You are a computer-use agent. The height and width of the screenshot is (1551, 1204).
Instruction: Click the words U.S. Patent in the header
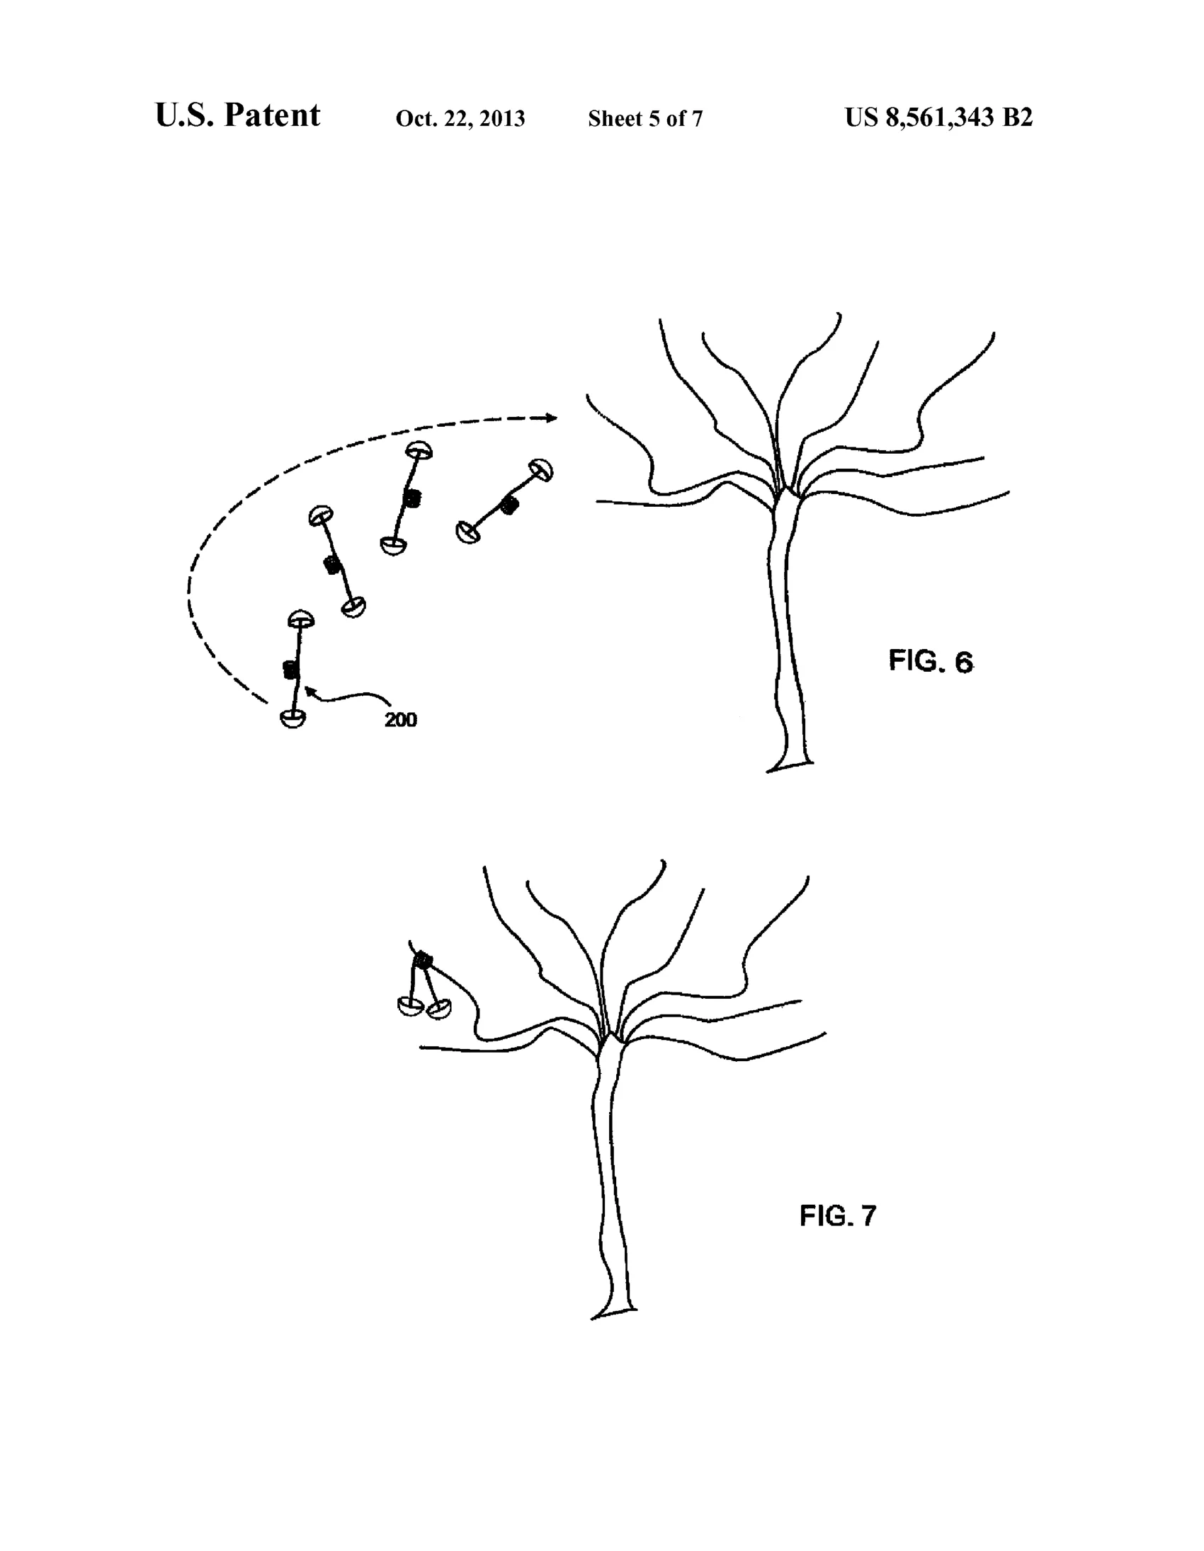(x=237, y=115)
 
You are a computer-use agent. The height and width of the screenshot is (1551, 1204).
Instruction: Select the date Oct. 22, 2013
(x=460, y=119)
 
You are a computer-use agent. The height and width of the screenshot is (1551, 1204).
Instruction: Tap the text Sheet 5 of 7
(x=645, y=119)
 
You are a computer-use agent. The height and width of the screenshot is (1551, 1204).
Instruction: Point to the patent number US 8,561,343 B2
(x=938, y=118)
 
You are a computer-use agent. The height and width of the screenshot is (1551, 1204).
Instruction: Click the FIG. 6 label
(x=931, y=661)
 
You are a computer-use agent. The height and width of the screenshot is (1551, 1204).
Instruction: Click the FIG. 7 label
(x=838, y=1215)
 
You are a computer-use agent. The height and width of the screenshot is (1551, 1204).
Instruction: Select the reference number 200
(x=401, y=720)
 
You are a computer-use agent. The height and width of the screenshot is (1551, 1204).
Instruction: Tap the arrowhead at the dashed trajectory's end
(x=550, y=418)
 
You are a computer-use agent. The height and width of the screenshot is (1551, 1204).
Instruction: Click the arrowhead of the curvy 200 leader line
(x=309, y=690)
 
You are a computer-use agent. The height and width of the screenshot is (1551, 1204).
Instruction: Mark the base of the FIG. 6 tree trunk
(x=789, y=765)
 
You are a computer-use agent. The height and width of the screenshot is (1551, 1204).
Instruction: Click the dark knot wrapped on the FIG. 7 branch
(x=424, y=960)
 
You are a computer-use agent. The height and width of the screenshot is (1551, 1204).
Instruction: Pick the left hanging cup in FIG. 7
(x=410, y=1006)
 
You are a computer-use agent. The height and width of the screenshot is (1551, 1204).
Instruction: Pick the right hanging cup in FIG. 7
(x=438, y=1009)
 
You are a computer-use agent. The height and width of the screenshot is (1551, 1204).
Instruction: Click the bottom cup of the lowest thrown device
(x=293, y=719)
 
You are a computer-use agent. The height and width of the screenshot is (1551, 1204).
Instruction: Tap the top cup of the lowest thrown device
(x=301, y=619)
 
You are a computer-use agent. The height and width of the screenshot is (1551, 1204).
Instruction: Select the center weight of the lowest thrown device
(x=289, y=670)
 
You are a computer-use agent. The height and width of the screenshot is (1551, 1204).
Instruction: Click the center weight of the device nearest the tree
(x=509, y=505)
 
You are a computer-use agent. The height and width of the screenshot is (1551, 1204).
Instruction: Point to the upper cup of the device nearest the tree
(x=540, y=469)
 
